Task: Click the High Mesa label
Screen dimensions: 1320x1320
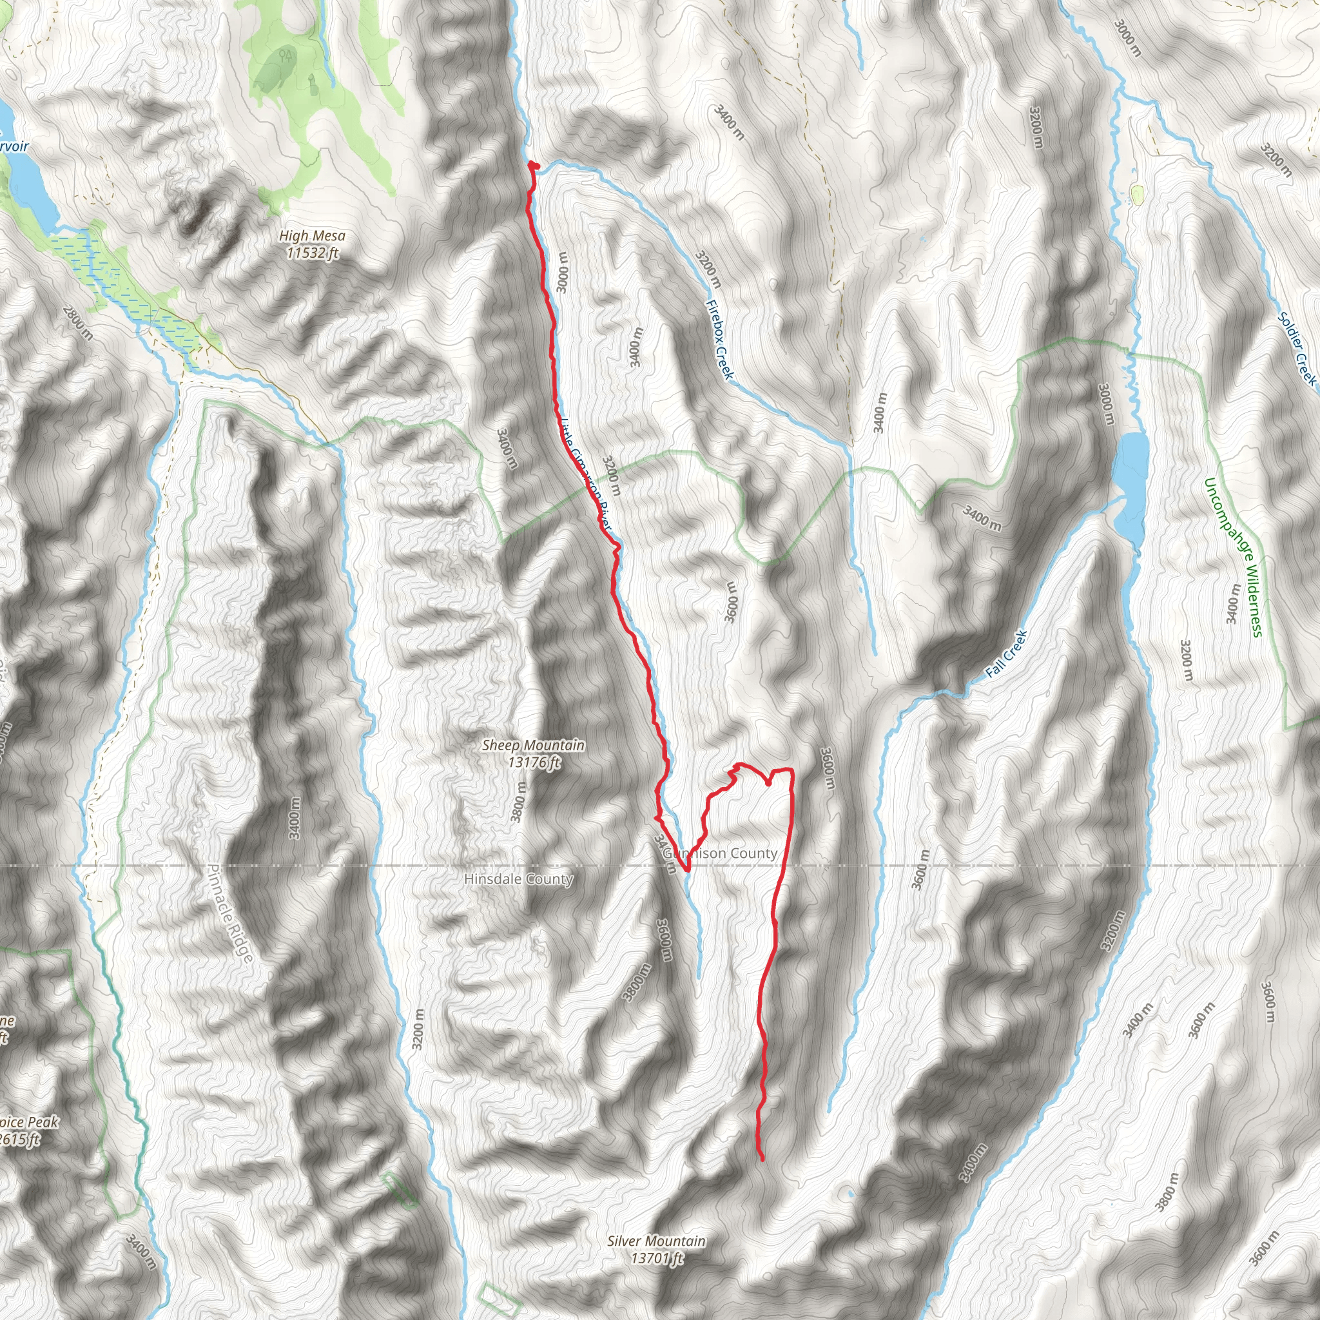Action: (312, 237)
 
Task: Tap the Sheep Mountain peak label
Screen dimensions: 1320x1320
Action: (533, 746)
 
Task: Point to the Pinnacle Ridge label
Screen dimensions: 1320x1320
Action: (230, 913)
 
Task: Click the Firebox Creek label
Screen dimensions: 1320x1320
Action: (719, 340)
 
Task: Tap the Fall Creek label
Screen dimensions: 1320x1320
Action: (1006, 654)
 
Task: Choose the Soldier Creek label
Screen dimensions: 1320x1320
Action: (1296, 348)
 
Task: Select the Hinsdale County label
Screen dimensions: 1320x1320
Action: (518, 879)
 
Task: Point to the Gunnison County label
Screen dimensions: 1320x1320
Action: (720, 853)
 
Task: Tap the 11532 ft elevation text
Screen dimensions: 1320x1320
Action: (312, 253)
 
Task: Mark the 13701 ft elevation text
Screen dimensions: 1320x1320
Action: (657, 1259)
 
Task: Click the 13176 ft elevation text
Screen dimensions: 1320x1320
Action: (534, 762)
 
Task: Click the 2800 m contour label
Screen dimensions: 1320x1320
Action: (78, 323)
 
